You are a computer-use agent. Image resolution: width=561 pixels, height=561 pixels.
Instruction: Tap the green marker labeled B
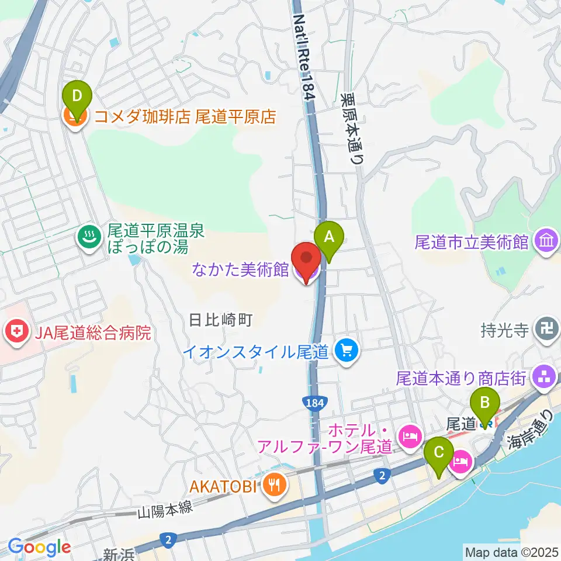tap(484, 402)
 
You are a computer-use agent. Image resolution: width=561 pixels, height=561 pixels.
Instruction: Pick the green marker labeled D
tap(78, 95)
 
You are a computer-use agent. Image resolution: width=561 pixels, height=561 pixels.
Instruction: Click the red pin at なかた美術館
tap(306, 257)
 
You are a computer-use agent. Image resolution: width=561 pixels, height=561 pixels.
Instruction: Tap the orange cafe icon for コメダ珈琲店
tap(76, 116)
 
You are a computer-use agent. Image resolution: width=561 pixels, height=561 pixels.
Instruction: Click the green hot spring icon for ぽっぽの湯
tap(89, 237)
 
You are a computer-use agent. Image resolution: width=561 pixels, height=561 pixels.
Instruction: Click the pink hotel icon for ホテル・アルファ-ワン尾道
tap(407, 435)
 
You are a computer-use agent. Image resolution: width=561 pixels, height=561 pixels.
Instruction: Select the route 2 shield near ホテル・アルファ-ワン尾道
tap(382, 477)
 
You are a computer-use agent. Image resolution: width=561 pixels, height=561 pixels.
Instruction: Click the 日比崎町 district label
tap(220, 320)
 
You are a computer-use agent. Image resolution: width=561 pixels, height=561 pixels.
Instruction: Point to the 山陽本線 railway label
tap(165, 510)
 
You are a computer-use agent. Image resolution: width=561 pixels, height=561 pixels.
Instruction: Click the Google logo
tap(39, 547)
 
